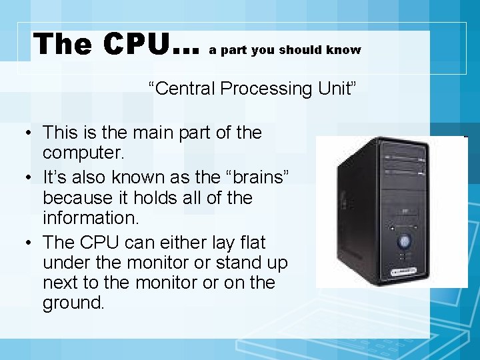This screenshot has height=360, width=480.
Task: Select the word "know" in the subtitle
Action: coord(344,50)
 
